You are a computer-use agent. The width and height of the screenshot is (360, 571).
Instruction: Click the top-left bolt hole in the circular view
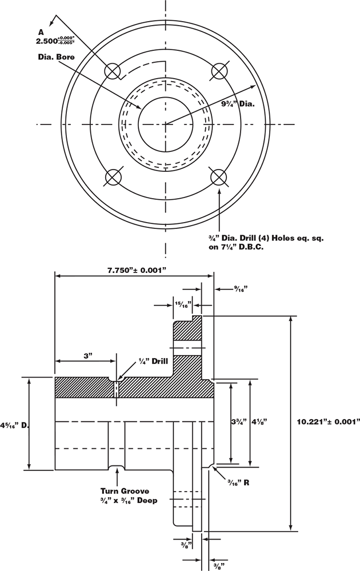click(x=112, y=71)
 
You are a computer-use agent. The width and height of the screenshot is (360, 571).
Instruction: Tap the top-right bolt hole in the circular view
click(x=219, y=71)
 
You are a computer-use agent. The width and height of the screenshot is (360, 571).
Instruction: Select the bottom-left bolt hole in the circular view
click(x=113, y=177)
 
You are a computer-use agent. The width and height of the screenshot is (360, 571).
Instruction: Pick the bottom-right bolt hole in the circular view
click(x=219, y=177)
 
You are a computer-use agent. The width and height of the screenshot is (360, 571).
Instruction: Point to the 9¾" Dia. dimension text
click(x=238, y=104)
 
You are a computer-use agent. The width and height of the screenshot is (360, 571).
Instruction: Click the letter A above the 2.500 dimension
click(x=39, y=33)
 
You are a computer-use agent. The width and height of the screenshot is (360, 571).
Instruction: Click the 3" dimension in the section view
click(x=87, y=355)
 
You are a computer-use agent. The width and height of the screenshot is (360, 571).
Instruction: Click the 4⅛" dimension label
click(x=260, y=422)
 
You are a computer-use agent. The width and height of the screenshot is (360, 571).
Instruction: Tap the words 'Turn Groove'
click(x=124, y=490)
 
